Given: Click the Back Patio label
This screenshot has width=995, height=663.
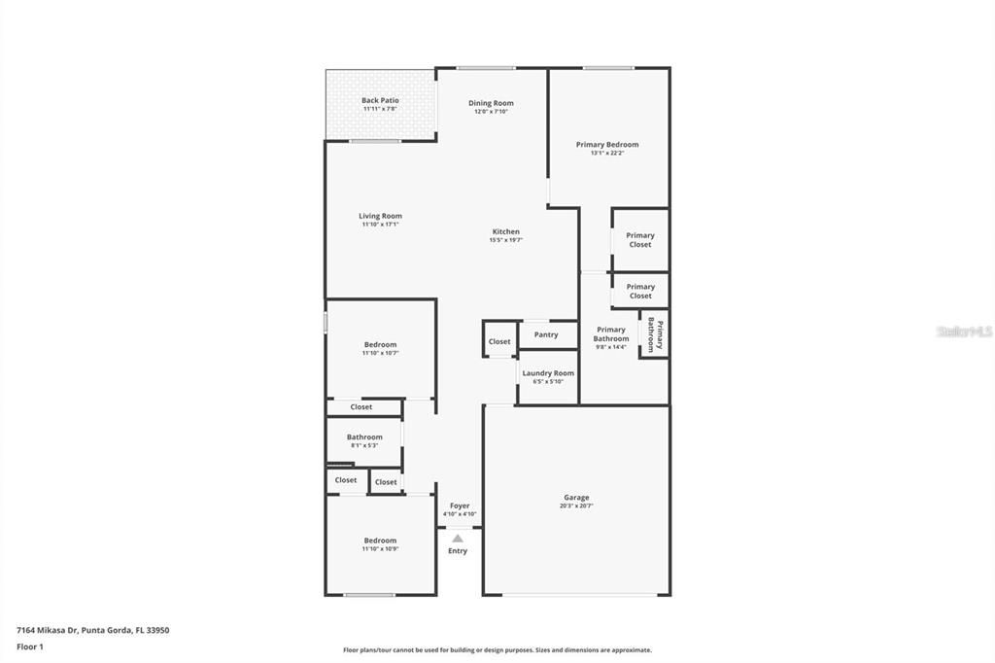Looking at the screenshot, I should coord(380,100).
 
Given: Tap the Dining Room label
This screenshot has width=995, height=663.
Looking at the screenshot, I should coord(491,103).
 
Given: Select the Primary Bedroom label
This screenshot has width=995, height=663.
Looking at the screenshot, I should coord(607,145).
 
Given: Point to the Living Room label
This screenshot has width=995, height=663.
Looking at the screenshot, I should coord(380,216).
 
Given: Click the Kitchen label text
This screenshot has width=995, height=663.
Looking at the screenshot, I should coord(505,231).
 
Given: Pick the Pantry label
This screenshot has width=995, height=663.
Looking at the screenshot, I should coord(546,334).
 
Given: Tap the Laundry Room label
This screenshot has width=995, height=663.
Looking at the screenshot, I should coord(548,373).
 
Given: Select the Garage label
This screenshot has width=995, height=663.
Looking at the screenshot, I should coord(576,498).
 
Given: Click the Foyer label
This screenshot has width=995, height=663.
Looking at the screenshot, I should coord(460,506).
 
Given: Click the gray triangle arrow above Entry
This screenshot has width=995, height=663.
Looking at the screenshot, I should coord(458,538).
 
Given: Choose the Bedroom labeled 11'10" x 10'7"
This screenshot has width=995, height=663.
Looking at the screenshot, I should coord(380,345).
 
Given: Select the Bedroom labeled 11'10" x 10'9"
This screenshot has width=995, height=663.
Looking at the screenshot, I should coord(380,541).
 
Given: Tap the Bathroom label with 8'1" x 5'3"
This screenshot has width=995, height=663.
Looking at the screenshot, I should coord(364,437).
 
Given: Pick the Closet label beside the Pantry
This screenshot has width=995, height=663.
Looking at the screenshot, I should coord(499,341).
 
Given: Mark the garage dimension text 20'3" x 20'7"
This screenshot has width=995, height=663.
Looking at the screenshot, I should coord(576,506).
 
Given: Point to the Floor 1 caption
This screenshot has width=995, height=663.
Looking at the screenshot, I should coord(30,646).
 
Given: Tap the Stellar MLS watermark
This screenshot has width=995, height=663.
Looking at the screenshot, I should coord(964,331).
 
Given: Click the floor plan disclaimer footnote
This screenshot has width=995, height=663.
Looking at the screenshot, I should coord(497,650).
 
